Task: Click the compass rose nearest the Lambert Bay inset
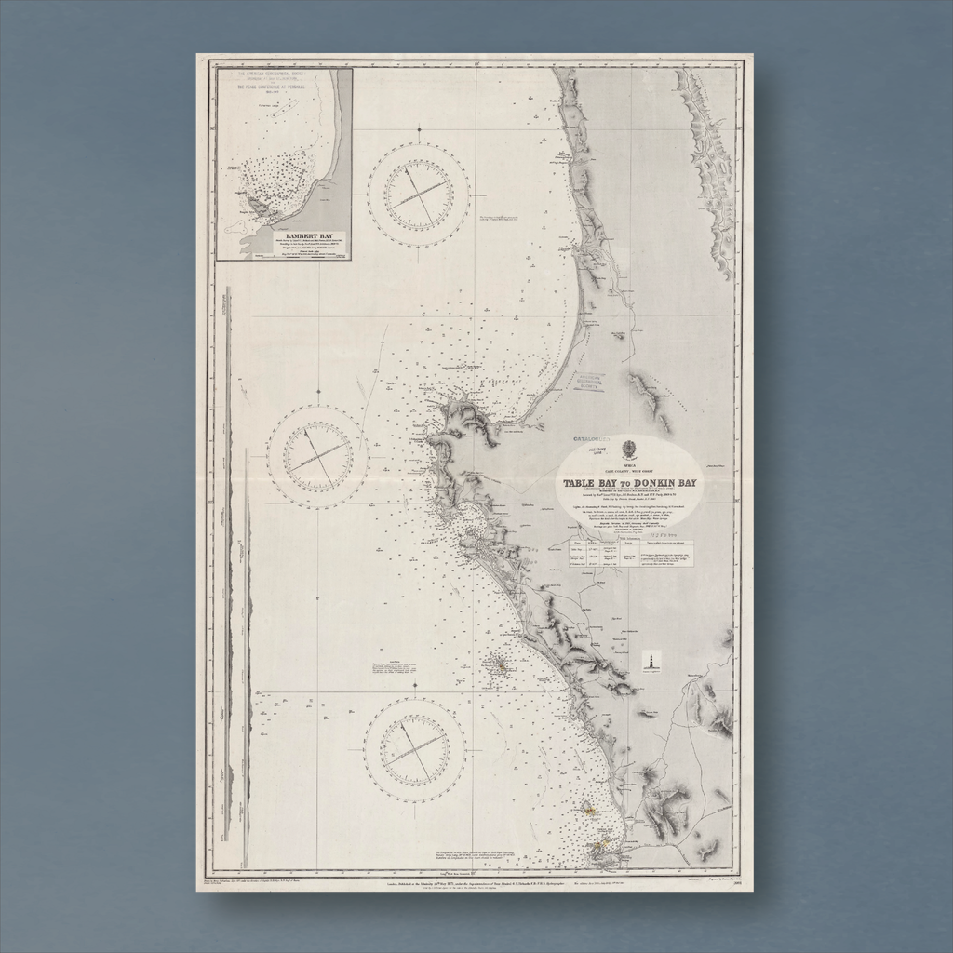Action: pos(418,195)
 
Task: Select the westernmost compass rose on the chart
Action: pos(317,456)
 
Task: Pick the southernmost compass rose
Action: pos(414,749)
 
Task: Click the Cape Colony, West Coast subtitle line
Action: pos(629,471)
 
